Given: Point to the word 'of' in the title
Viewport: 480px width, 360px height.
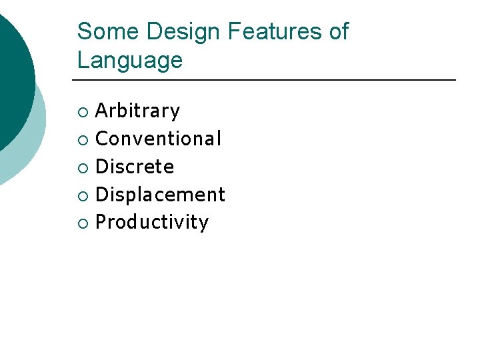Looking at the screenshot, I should (337, 31).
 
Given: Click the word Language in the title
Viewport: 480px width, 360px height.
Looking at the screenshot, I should (129, 61).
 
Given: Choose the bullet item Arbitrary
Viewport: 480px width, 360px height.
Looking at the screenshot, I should (138, 111).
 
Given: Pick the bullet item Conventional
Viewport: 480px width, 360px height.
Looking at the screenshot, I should (159, 139).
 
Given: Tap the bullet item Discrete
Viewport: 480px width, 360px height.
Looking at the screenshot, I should (135, 167).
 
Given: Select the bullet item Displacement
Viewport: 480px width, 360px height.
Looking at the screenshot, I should (161, 195).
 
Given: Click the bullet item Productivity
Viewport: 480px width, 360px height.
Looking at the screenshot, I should (152, 222).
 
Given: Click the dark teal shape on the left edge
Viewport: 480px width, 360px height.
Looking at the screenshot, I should (13, 73).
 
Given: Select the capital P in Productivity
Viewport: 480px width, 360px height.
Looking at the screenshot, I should (101, 222).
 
